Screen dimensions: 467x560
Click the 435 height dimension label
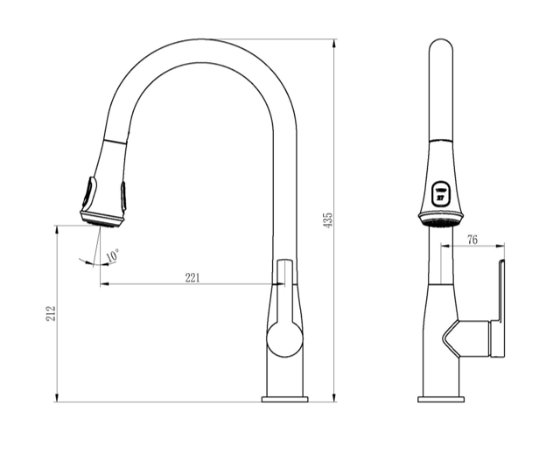coord(329,220)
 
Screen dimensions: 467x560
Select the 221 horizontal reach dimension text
coord(192,277)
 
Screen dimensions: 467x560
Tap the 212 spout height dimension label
coord(50,314)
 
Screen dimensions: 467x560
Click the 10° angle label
coord(112,256)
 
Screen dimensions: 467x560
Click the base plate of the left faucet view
coord(284,399)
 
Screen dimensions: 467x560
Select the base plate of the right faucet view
coord(440,399)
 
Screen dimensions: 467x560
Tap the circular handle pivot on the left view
coord(284,338)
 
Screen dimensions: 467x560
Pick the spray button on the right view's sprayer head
coord(440,192)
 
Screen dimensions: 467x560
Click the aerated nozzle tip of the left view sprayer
coord(101,220)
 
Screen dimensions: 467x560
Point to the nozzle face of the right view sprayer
coord(440,222)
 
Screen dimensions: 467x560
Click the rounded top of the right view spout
coord(441,48)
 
